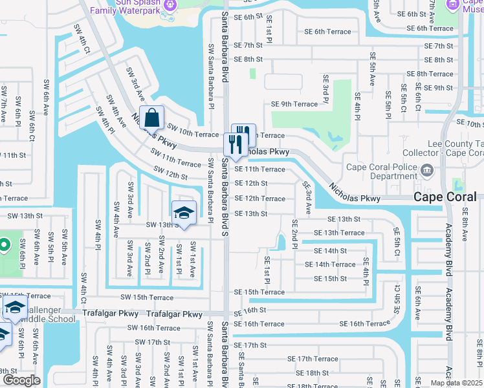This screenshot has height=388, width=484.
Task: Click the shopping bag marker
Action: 151,119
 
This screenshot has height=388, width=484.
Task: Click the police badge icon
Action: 426,171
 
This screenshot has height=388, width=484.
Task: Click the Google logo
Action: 21,380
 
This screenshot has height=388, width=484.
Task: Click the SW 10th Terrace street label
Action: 193,134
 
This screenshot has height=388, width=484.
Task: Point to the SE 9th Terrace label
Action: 294,103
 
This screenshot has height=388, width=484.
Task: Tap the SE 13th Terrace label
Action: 339,233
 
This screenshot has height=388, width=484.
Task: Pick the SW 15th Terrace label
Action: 147,297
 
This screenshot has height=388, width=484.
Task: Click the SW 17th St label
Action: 148,342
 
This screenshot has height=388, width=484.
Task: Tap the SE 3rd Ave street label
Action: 308,198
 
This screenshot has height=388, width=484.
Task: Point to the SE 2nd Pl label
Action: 295,240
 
